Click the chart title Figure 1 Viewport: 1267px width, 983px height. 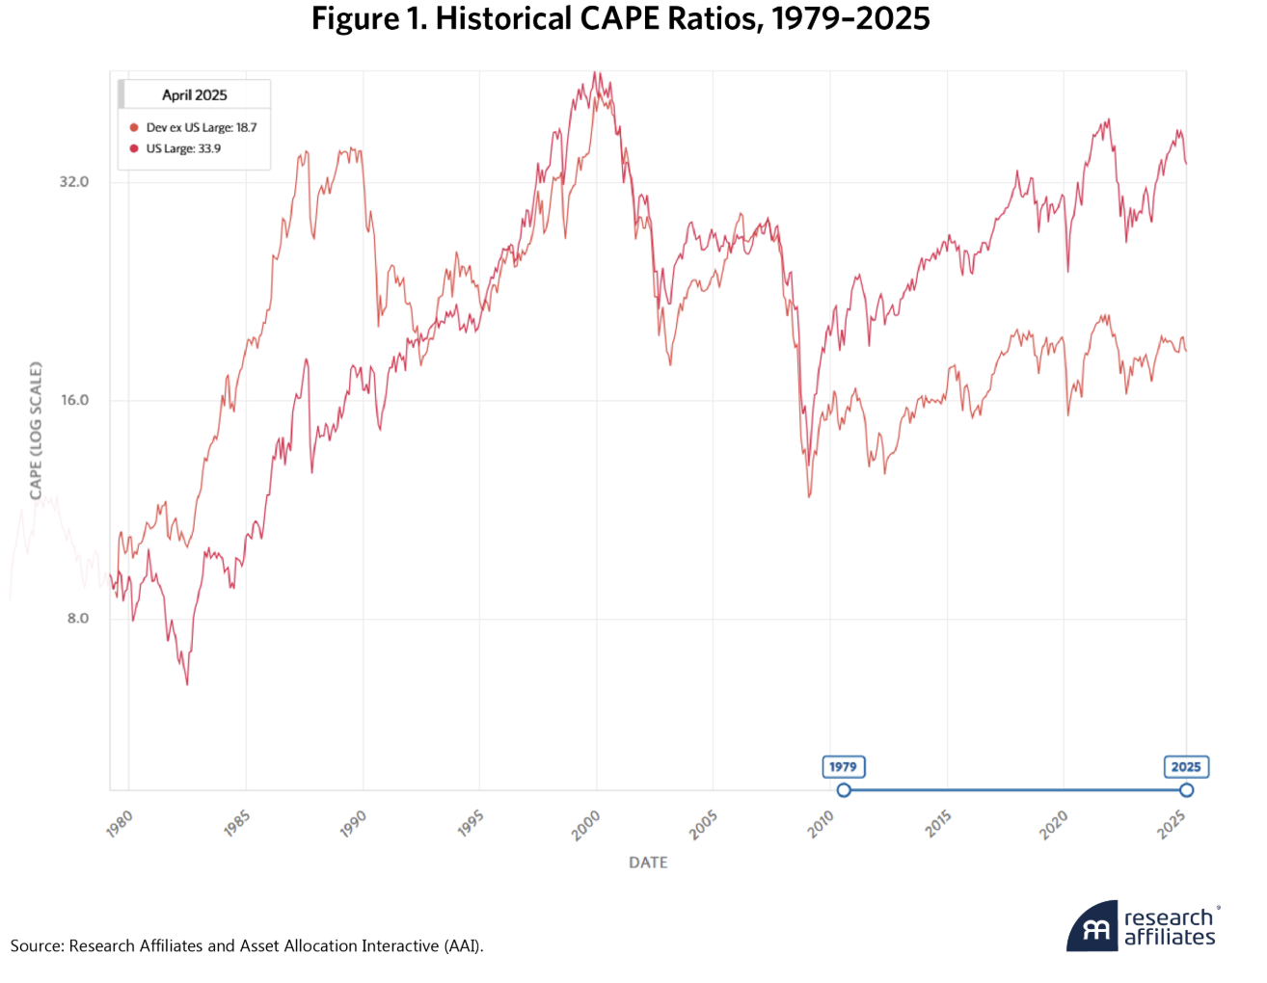tap(620, 19)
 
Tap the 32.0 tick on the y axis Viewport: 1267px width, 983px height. tap(73, 182)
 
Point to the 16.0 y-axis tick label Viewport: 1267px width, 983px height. tap(73, 401)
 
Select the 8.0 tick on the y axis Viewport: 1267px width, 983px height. tap(77, 619)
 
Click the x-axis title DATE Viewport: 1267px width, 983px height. tap(648, 863)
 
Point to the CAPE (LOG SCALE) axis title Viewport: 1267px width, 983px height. tap(36, 431)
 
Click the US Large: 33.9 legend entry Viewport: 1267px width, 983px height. tap(183, 148)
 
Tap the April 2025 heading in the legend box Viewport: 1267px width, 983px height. tap(195, 95)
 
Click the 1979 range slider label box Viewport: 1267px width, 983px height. tap(843, 767)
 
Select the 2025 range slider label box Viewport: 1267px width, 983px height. tap(1186, 767)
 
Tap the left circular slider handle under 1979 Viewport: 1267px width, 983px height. tap(844, 790)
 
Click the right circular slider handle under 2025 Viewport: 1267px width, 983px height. tap(1187, 790)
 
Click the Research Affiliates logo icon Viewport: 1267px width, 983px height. tap(1092, 927)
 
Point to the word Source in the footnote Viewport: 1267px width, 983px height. tap(37, 946)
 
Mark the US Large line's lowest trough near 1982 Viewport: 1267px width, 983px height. tap(187, 683)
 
